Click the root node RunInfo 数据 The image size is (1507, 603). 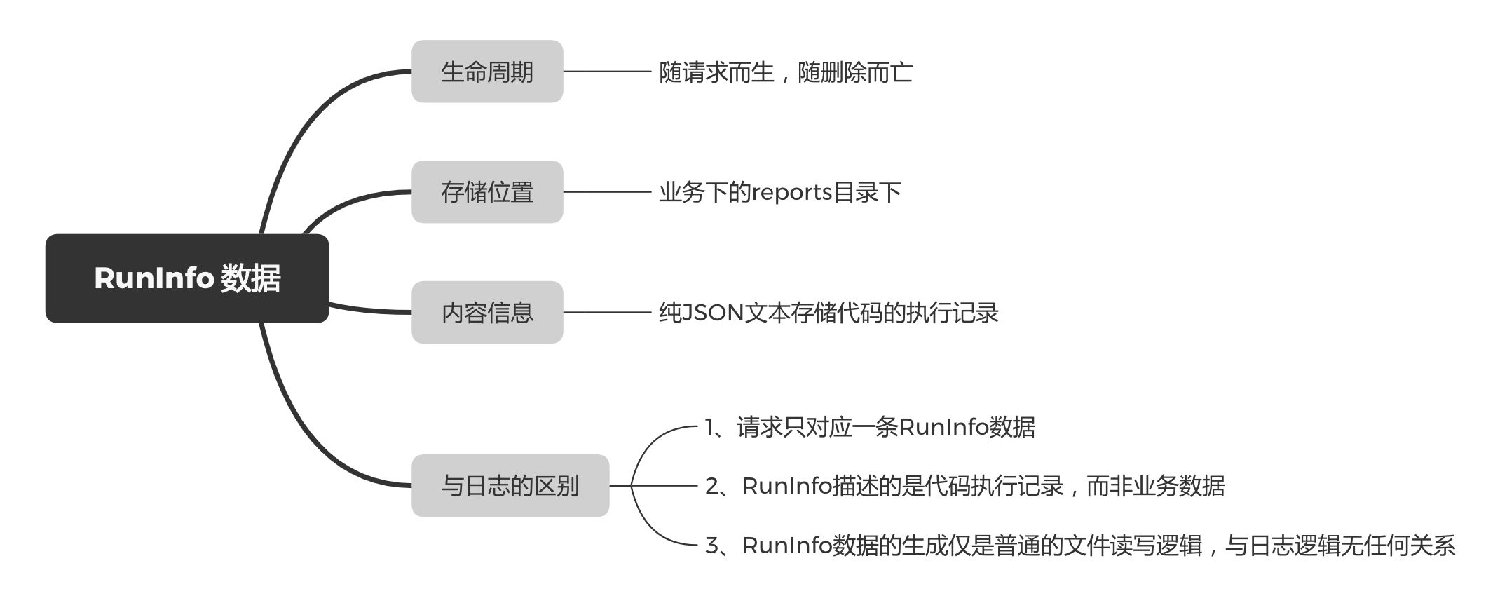(187, 278)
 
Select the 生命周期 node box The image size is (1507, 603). (487, 72)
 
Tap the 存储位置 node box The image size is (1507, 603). (487, 192)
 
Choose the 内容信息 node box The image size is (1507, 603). (487, 313)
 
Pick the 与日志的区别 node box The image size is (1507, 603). (510, 486)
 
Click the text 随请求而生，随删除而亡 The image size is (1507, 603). (785, 72)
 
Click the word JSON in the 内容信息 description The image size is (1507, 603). (712, 313)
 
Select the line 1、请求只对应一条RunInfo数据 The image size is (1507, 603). (869, 427)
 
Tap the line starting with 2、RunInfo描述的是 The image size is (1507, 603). (964, 486)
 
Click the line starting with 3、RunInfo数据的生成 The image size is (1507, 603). (1079, 546)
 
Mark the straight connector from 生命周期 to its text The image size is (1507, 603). (607, 72)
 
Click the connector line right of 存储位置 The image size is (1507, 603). (607, 192)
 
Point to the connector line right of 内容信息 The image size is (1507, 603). (607, 313)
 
